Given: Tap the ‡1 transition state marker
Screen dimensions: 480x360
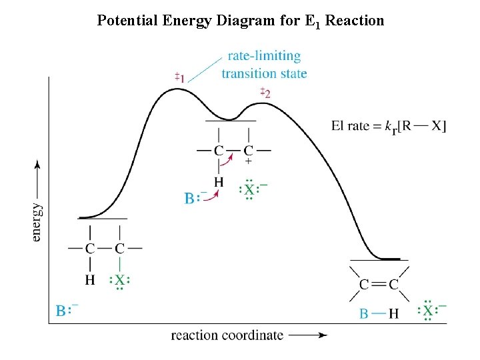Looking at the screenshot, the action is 180,78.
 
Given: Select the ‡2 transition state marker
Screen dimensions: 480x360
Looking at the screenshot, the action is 265,92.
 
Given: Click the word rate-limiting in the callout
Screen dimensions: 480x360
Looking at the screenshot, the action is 264,56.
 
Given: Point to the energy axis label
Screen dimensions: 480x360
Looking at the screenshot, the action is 37,213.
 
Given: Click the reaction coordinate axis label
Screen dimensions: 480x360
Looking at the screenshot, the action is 227,335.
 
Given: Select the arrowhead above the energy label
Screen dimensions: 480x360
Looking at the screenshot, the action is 37,165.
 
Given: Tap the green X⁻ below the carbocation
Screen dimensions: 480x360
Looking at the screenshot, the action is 249,189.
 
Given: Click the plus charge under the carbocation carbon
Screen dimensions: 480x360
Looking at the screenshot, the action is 249,161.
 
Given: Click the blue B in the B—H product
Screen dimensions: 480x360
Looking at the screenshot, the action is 363,312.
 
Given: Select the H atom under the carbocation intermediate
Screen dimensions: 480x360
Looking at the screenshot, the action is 219,181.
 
